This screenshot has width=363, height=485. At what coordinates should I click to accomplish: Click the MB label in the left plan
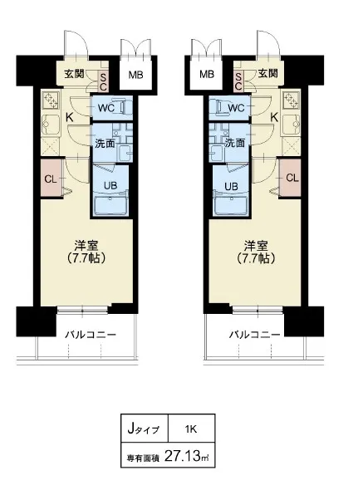point(135,75)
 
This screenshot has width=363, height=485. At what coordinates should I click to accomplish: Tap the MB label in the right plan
point(207,74)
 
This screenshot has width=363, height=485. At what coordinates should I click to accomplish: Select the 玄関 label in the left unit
point(74,74)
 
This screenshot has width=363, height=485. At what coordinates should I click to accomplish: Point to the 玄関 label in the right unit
point(268,73)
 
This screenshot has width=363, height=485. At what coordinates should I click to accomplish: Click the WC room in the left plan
point(111,108)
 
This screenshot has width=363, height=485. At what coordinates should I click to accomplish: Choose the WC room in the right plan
point(229,108)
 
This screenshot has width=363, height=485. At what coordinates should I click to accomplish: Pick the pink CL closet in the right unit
point(290,178)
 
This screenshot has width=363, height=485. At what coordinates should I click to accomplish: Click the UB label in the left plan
point(110,185)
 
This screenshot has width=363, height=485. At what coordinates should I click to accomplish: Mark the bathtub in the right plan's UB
point(231,205)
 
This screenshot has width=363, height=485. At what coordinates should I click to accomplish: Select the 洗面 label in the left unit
point(105,144)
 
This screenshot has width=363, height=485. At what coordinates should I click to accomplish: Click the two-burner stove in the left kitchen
point(51,100)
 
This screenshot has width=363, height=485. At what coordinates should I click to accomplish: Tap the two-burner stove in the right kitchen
point(291,100)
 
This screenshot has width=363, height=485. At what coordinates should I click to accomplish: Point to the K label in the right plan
point(274,118)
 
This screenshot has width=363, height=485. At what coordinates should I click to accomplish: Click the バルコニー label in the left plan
point(91,335)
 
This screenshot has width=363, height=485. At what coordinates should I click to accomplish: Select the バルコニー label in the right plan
point(254,335)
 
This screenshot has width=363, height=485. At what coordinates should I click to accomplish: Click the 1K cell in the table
point(191,429)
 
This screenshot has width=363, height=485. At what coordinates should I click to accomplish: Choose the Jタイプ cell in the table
point(145,429)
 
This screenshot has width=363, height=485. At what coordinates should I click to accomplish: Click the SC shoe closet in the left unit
point(102,81)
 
